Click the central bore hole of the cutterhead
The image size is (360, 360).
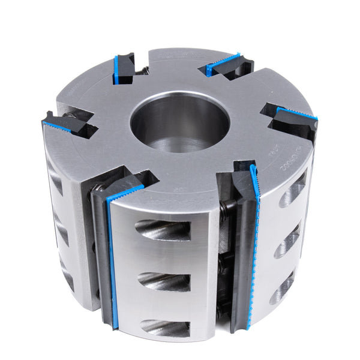pyautogui.click(x=180, y=120)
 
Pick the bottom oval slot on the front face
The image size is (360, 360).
pyautogui.click(x=165, y=327)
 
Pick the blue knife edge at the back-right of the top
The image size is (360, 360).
pyautogui.click(x=222, y=64)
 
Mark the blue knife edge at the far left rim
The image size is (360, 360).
pyautogui.click(x=57, y=127)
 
